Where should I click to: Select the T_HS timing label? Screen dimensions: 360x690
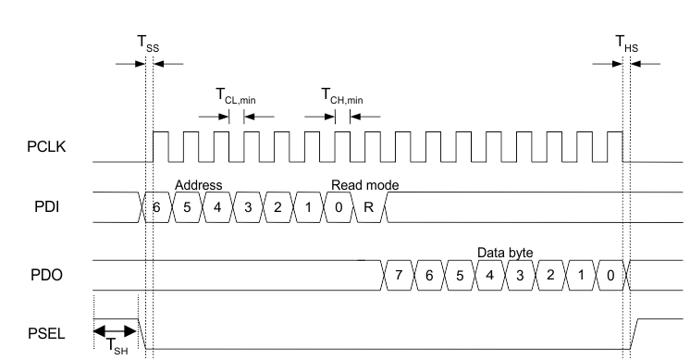[x=628, y=43]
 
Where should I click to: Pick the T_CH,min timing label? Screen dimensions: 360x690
[x=341, y=95]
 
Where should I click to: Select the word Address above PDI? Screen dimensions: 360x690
[x=198, y=185]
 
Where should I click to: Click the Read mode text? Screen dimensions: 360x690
[x=365, y=185]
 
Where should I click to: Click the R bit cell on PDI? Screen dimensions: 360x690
[x=369, y=208]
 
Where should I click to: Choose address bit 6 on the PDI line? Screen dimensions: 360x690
[x=157, y=208]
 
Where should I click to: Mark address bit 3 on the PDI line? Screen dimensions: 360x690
[x=248, y=208]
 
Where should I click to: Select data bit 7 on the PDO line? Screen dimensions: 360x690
[x=399, y=275]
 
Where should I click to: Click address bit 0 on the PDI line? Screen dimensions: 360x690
[x=339, y=208]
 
